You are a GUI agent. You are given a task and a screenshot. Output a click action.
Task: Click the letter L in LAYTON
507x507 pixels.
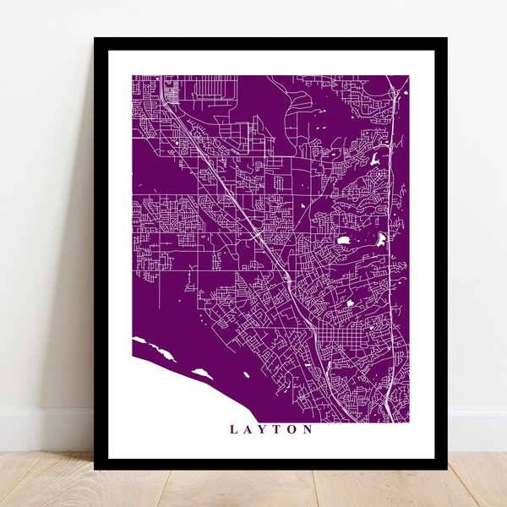[233, 429]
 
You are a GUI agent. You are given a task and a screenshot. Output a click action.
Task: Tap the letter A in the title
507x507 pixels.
[248, 429]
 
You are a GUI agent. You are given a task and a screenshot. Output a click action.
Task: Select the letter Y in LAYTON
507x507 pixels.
[263, 429]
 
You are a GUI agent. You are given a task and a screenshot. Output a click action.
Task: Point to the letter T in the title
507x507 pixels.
[278, 429]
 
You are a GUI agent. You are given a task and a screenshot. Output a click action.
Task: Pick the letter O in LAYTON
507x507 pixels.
[293, 429]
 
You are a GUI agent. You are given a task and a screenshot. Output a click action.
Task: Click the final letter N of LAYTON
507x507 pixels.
[309, 429]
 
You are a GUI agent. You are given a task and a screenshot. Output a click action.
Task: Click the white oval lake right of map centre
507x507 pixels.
[345, 241]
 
